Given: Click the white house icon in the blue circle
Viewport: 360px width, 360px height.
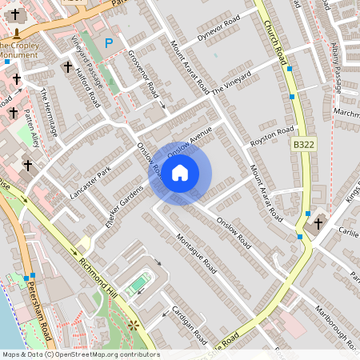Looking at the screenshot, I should coord(180,172).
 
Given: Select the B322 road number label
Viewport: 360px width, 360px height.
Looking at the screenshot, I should coord(303,144).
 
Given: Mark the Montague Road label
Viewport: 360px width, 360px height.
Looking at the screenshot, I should coord(196,254).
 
